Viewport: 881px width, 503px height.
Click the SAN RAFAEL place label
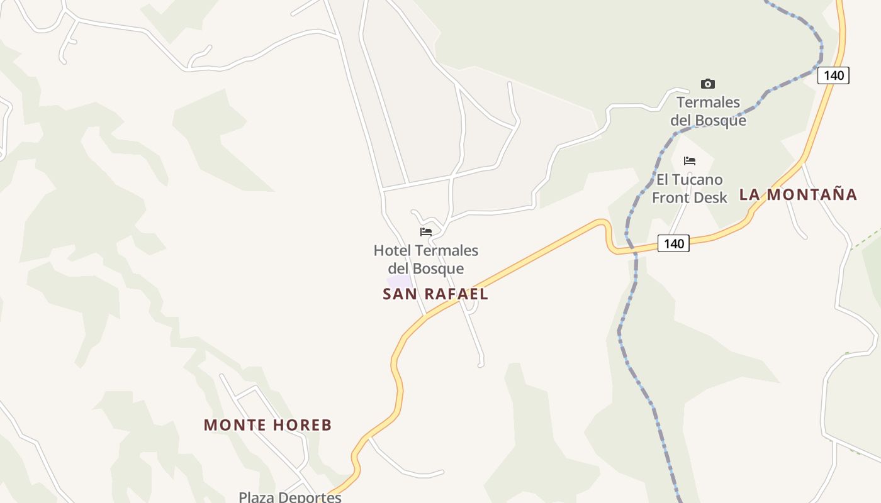click(435, 294)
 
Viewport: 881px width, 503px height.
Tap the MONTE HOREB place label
click(267, 425)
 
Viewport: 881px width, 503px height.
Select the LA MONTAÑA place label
click(798, 194)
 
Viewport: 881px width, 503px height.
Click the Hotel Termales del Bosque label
click(426, 259)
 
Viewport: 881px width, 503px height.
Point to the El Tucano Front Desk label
click(689, 189)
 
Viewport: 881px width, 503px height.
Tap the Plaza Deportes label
click(290, 497)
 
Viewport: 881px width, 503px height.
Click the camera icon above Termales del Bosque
click(708, 84)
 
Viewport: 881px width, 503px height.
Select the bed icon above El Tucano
click(690, 161)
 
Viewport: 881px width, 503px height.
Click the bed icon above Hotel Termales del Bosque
click(426, 231)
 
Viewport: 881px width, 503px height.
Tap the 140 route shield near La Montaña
click(673, 243)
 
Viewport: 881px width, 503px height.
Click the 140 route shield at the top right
click(834, 75)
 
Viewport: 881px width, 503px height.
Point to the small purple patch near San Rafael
click(399, 282)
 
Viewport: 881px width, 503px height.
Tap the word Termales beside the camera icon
click(708, 102)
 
